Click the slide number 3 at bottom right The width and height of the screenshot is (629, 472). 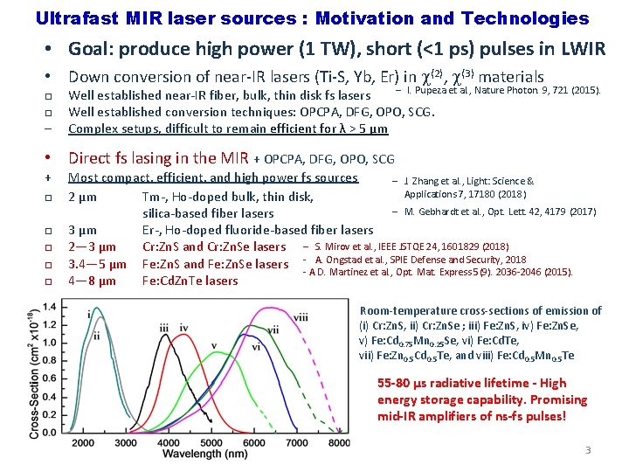(x=588, y=450)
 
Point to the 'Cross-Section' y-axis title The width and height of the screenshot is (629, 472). (x=35, y=377)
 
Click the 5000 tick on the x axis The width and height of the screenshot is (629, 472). (x=210, y=443)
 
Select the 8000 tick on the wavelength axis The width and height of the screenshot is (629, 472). (x=338, y=443)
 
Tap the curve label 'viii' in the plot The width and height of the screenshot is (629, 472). (x=301, y=316)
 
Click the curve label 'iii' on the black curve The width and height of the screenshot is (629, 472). (x=164, y=328)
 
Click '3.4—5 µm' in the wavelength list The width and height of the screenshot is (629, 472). (x=97, y=264)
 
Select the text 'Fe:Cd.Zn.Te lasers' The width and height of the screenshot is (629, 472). (x=190, y=281)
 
